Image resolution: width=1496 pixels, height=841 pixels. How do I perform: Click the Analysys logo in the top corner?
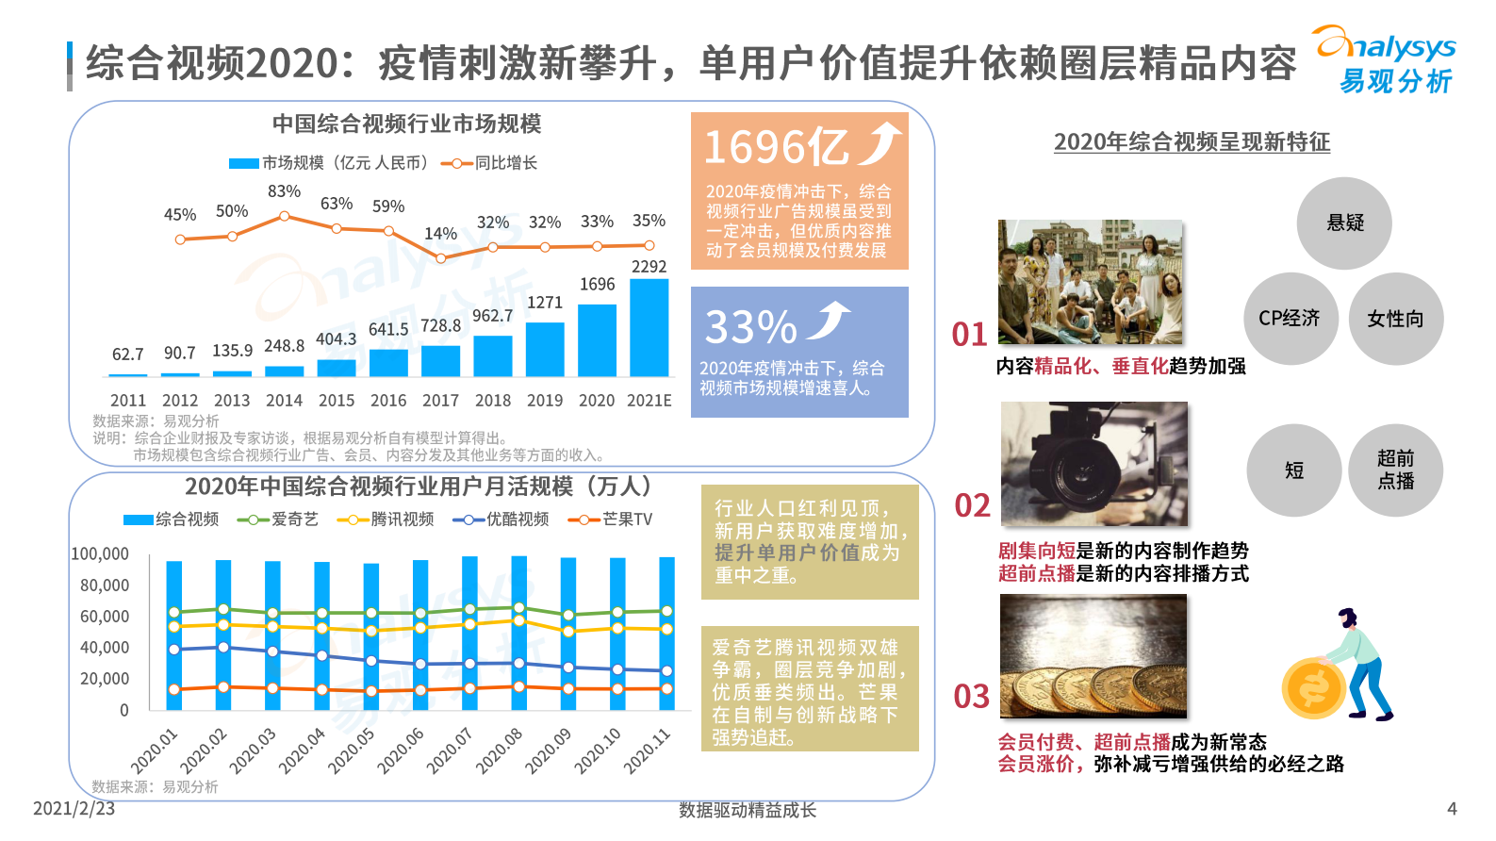point(1385,59)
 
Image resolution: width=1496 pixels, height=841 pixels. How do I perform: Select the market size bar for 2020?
point(597,340)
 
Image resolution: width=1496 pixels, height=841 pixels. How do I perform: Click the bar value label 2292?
point(649,267)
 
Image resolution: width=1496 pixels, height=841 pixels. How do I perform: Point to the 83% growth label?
point(284,191)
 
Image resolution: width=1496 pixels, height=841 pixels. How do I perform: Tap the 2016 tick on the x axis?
point(388,401)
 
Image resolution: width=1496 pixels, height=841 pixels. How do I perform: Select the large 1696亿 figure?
point(777,148)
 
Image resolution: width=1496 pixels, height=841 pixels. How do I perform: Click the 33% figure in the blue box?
point(751,327)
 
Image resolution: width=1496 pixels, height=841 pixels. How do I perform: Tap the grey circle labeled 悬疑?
point(1344,223)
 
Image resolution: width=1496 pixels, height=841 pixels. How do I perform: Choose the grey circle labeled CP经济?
point(1290,319)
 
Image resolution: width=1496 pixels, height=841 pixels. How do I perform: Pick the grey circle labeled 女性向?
point(1395,319)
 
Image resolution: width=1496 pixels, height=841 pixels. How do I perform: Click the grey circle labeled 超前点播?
point(1395,470)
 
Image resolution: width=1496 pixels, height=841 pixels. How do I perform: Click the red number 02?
point(972,506)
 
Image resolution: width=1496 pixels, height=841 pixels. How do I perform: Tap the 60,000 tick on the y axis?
point(105,617)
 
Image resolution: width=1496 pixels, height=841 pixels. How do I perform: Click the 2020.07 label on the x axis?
point(450,751)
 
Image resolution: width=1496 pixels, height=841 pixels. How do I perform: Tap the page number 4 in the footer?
point(1452,808)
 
